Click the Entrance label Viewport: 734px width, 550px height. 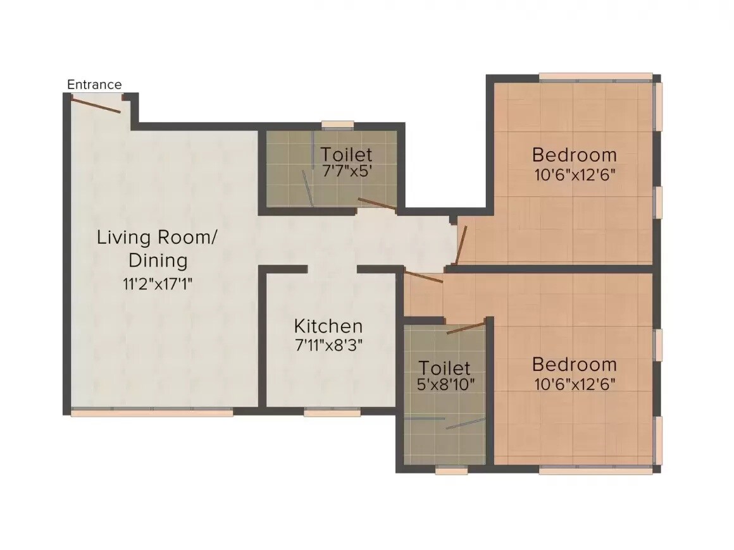94,85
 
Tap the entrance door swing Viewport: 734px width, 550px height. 96,104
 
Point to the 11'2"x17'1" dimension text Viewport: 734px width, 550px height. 157,283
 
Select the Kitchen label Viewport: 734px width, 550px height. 328,326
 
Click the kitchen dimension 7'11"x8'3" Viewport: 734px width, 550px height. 328,345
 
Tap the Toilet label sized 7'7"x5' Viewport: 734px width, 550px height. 345,154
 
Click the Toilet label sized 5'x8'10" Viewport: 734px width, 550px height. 445,368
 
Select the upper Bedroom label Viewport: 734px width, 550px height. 574,154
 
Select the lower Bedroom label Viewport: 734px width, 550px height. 574,364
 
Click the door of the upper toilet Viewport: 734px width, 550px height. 377,204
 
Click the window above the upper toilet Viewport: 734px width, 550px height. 337,125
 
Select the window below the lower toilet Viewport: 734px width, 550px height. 452,470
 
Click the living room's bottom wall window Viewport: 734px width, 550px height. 152,412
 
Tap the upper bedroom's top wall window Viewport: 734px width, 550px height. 595,78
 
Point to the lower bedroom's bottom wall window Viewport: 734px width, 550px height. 595,470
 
